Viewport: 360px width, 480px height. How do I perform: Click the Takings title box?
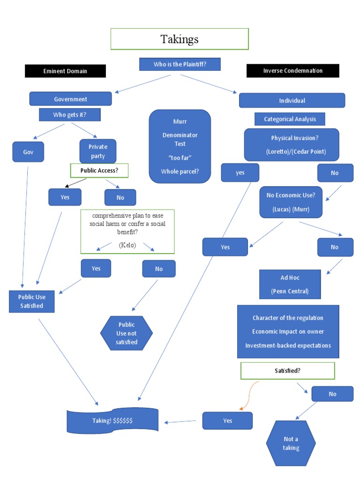(180, 39)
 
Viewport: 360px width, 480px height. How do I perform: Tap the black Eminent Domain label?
(65, 71)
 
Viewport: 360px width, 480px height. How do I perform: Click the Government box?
(70, 99)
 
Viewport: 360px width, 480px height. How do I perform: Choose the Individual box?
(292, 100)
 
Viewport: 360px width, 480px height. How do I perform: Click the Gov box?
(28, 152)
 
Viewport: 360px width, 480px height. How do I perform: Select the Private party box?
(97, 151)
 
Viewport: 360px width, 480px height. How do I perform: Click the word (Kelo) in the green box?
(127, 245)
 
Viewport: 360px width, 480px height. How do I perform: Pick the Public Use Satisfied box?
(31, 301)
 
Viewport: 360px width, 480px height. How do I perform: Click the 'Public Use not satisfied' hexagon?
(126, 333)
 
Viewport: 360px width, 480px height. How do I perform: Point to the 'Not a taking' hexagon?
(291, 443)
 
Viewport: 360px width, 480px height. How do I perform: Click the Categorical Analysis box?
(289, 119)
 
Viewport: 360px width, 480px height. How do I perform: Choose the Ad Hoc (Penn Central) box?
(290, 285)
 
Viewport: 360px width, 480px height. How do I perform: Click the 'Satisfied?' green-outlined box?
(287, 370)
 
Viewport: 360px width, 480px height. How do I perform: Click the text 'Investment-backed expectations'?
(288, 345)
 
